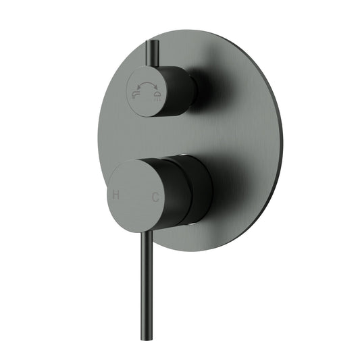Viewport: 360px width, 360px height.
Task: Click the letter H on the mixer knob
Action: coord(117,196)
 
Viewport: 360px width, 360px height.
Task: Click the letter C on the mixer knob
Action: coord(155,197)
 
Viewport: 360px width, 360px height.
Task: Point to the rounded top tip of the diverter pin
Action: coord(150,43)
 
